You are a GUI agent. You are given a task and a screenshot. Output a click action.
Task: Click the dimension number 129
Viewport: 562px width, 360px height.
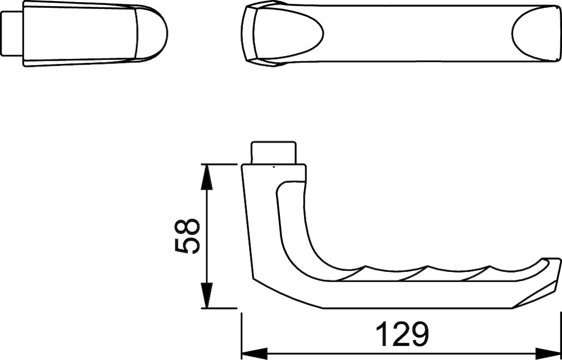coord(403,334)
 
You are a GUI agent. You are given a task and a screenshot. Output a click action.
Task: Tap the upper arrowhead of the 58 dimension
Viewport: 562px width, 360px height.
coord(206,177)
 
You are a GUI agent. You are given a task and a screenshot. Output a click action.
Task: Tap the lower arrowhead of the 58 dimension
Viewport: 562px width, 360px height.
coord(206,295)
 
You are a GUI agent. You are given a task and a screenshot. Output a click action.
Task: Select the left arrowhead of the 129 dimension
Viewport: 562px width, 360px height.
coord(255,353)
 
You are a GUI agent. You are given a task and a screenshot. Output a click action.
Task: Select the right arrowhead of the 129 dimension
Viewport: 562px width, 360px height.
coord(547,353)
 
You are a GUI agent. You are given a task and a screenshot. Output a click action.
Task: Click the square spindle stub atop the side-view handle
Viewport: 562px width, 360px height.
coord(274,153)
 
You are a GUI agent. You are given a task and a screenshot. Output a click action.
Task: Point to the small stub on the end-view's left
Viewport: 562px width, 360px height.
coord(12,33)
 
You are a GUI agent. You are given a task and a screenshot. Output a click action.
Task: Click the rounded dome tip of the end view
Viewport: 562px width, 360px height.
coord(152,33)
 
